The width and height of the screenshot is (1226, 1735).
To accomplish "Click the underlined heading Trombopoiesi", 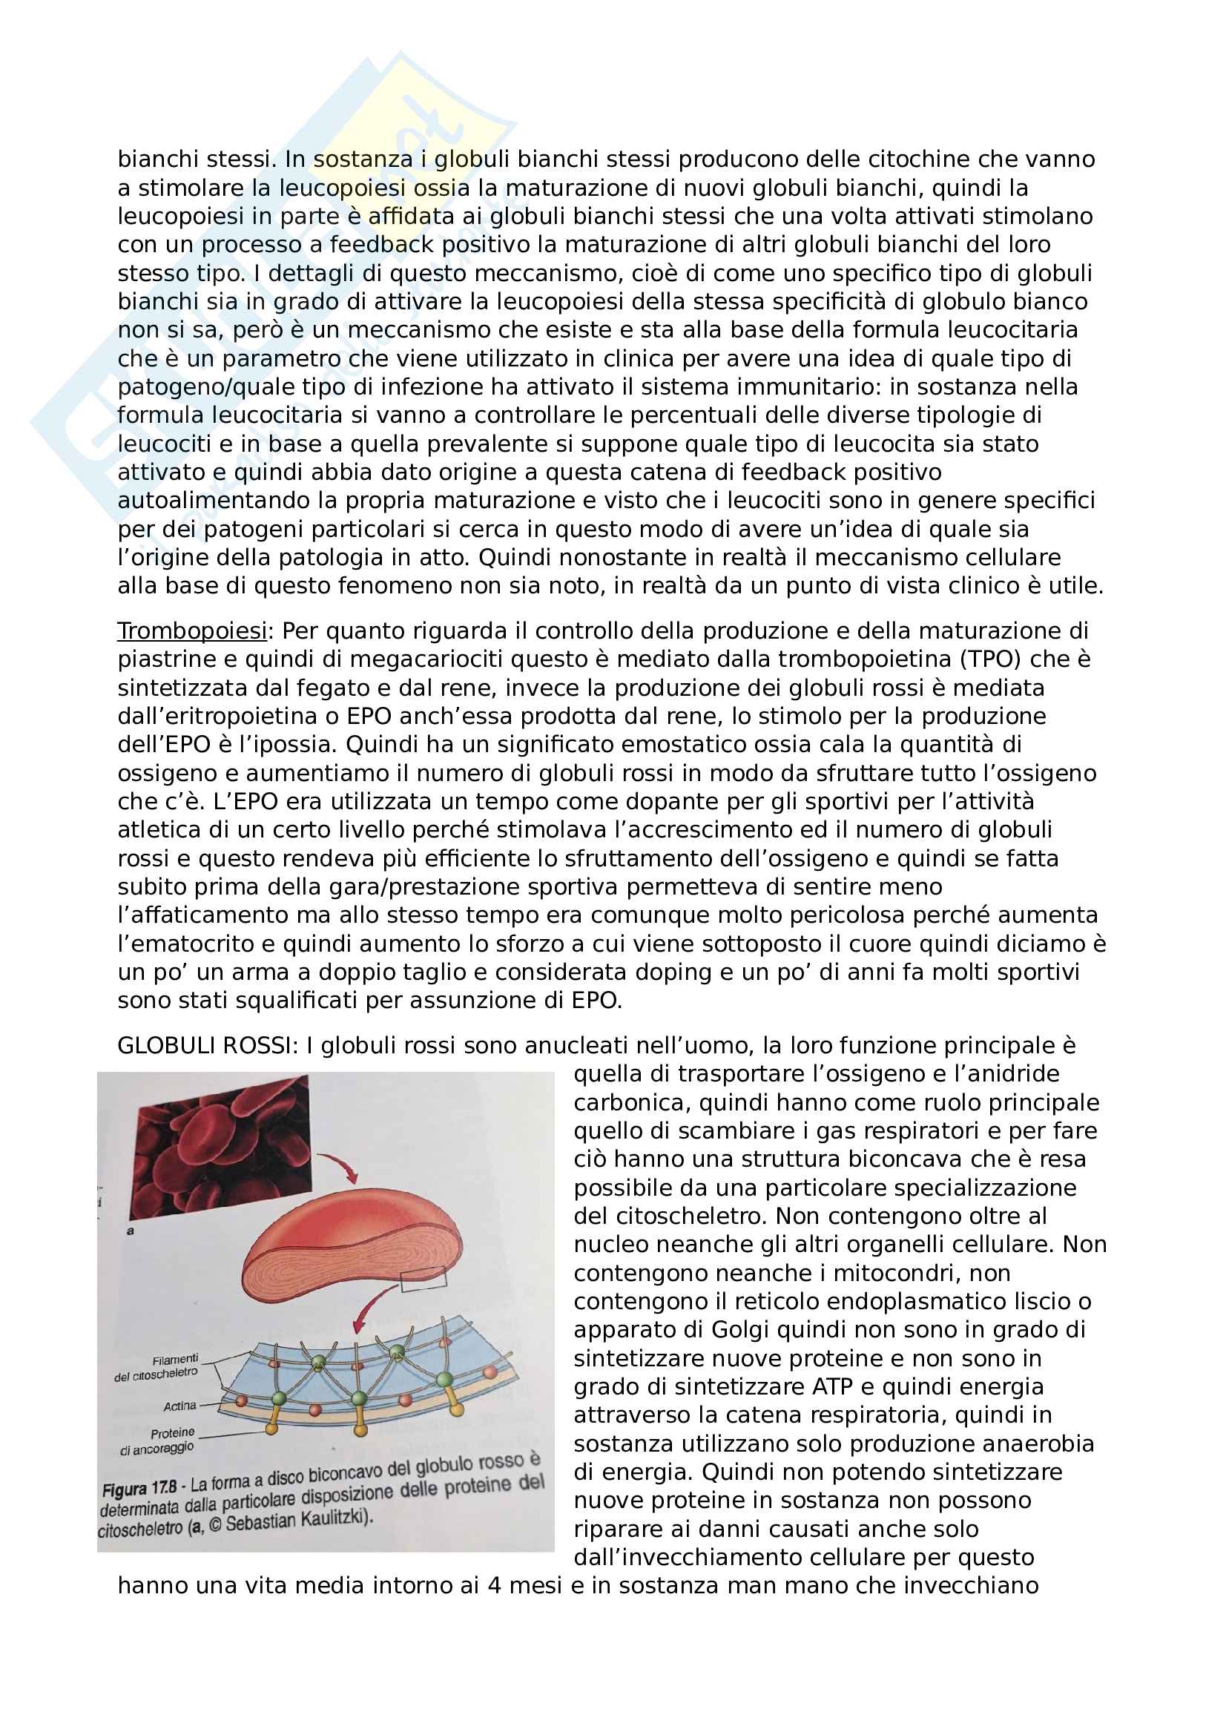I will tap(192, 631).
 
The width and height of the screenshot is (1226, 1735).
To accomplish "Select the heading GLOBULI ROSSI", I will tap(205, 1045).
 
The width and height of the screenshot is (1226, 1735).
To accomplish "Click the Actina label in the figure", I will tap(179, 1406).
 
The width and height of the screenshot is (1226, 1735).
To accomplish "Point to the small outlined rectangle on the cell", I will tap(423, 1280).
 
